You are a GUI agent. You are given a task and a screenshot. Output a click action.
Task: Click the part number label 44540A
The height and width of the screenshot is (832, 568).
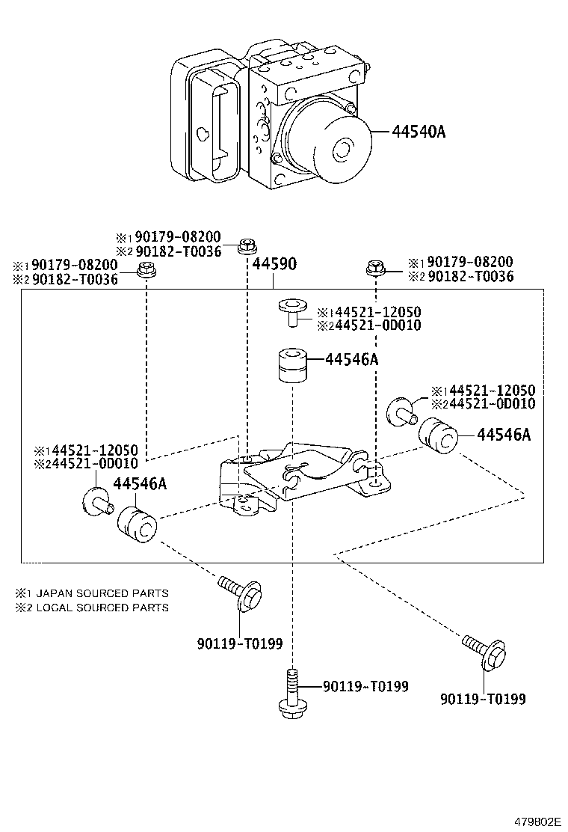[419, 132]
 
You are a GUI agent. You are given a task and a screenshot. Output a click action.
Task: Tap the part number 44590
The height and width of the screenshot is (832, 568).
[274, 265]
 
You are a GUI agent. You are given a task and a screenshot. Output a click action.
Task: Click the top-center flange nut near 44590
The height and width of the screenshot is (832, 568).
[247, 245]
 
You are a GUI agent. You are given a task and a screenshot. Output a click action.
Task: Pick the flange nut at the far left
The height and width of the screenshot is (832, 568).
[146, 269]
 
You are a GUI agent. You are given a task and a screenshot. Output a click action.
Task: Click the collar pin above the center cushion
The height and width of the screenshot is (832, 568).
[291, 311]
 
